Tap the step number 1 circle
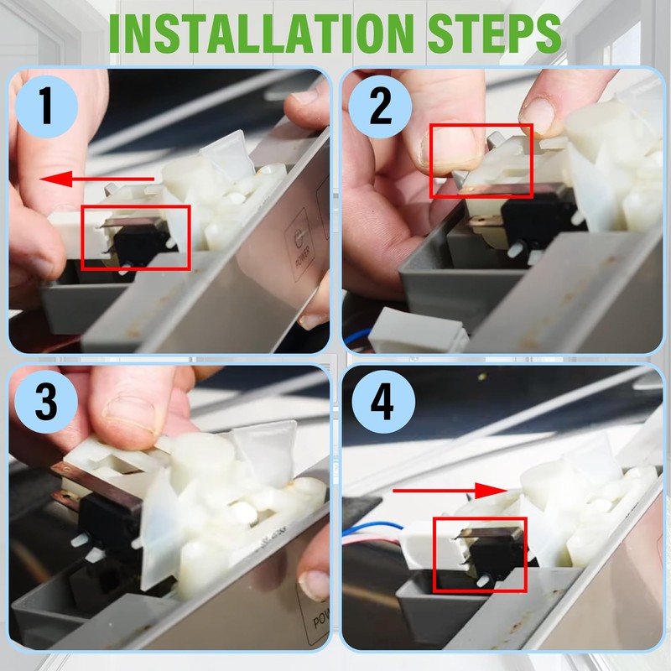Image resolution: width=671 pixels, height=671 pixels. tap(47, 107)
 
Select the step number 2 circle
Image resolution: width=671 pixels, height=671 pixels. tap(381, 107)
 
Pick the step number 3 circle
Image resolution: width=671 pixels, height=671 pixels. tap(46, 402)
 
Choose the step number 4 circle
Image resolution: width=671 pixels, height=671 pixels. tap(383, 402)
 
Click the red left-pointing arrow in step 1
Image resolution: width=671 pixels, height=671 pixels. tap(96, 179)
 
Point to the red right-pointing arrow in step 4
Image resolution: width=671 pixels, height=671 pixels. tap(450, 491)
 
